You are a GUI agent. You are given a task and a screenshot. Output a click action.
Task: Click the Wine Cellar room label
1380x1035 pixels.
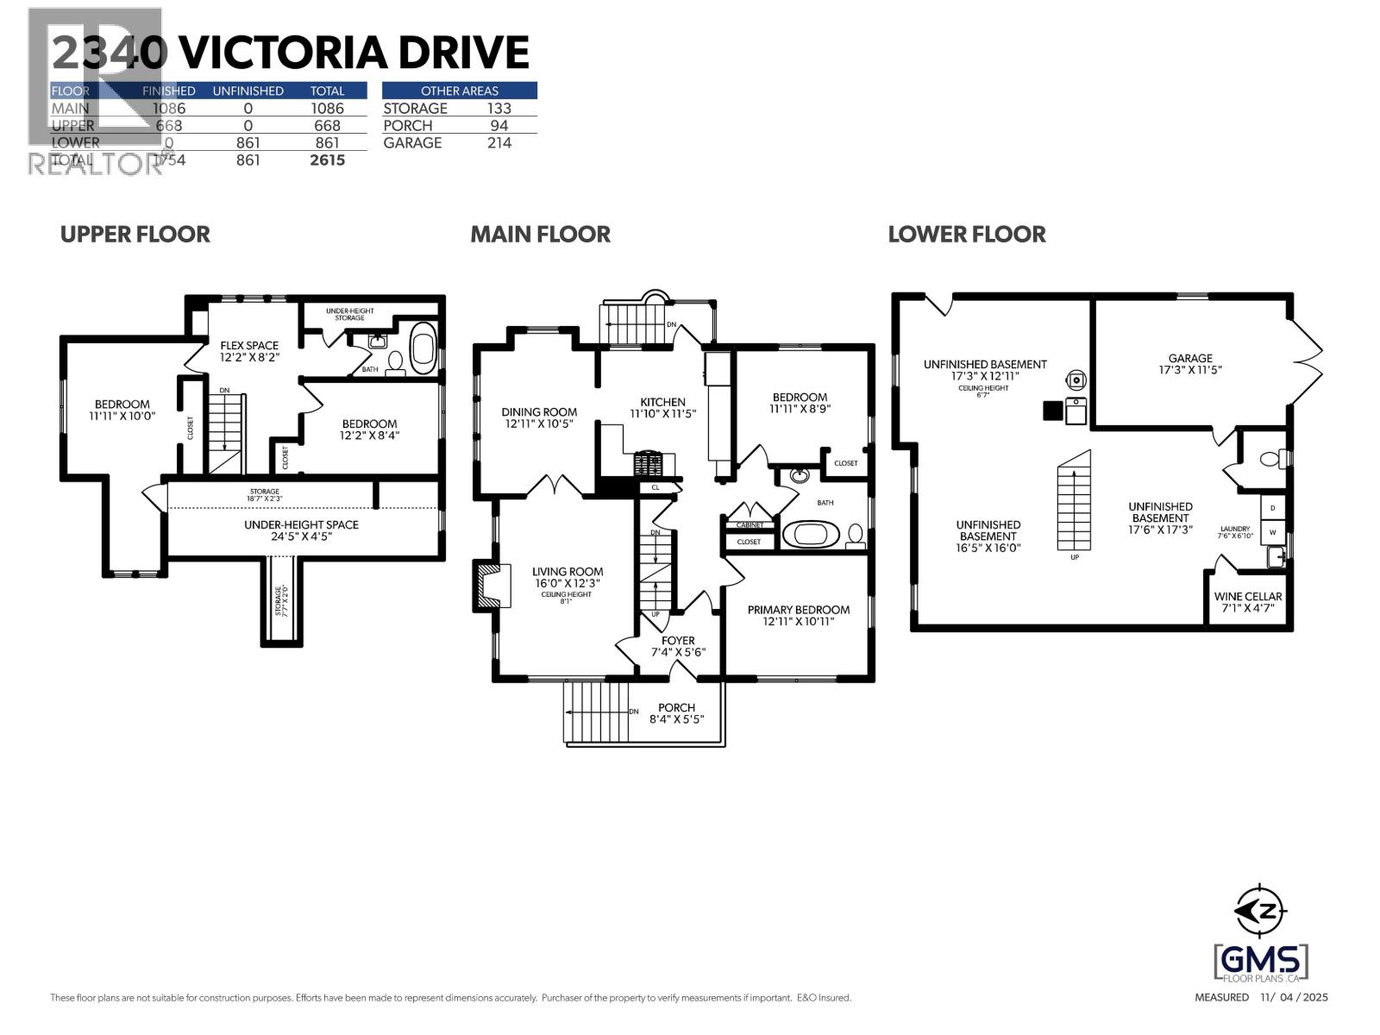pyautogui.click(x=1247, y=596)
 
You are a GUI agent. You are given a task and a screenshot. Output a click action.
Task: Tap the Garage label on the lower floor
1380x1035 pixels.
pyautogui.click(x=1190, y=358)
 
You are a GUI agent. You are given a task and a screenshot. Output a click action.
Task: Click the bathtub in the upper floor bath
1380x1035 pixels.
pyautogui.click(x=423, y=348)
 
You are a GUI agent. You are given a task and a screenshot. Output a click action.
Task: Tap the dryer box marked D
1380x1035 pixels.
pyautogui.click(x=1272, y=507)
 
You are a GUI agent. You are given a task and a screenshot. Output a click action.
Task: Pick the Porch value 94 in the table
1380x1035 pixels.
pyautogui.click(x=499, y=126)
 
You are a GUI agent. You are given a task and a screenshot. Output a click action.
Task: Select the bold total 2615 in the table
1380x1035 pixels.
pyautogui.click(x=327, y=160)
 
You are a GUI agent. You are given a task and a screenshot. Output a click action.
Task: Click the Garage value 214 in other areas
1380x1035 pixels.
pyautogui.click(x=499, y=143)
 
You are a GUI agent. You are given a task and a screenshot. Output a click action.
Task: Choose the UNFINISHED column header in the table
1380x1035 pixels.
pyautogui.click(x=248, y=91)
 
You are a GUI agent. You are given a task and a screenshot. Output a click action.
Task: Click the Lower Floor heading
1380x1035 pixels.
pyautogui.click(x=966, y=234)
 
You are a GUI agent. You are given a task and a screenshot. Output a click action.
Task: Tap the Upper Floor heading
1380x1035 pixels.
pyautogui.click(x=135, y=234)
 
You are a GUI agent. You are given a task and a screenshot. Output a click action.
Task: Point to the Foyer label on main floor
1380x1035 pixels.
pyautogui.click(x=678, y=640)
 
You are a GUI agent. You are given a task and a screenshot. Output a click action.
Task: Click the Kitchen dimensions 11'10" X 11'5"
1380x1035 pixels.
pyautogui.click(x=662, y=413)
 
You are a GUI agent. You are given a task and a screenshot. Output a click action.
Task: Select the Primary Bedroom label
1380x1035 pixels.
pyautogui.click(x=798, y=610)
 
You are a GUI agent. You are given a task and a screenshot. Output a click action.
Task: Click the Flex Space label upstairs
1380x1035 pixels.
pyautogui.click(x=249, y=345)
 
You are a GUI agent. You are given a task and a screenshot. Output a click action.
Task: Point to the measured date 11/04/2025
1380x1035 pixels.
pyautogui.click(x=1294, y=997)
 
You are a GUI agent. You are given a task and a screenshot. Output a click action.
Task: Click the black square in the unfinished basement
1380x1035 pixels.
pyautogui.click(x=1051, y=411)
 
